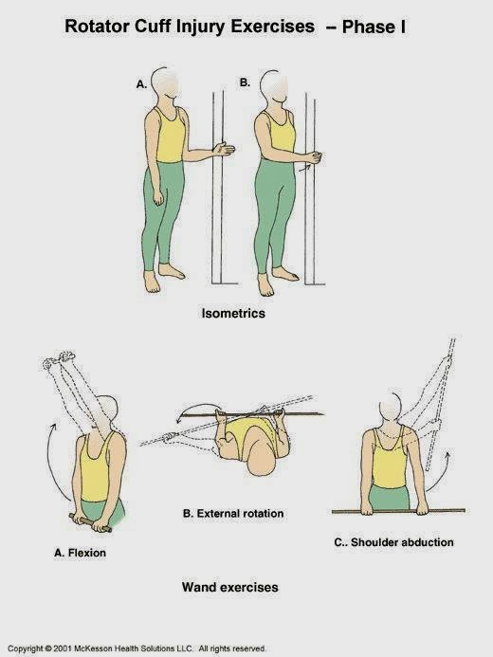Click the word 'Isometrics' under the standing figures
tap(233, 312)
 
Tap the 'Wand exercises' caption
tap(230, 588)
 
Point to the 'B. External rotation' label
tap(232, 514)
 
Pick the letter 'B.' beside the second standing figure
tap(244, 83)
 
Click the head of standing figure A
tap(168, 84)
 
